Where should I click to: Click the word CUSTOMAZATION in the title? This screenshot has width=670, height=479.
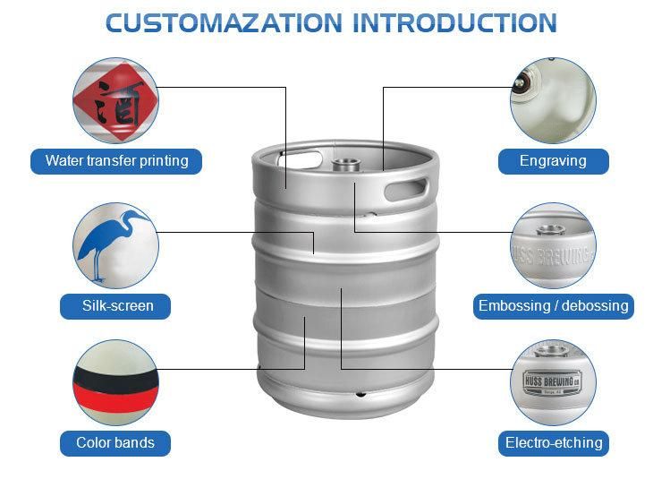point(225,22)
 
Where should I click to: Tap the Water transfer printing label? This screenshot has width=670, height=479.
point(116,161)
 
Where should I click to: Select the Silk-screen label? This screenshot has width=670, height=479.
point(117,305)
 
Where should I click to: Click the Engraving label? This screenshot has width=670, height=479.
point(553,161)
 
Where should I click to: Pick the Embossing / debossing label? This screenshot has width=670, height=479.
point(553,305)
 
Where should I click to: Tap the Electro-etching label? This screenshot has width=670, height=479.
point(554,442)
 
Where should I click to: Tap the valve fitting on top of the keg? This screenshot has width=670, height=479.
point(345,165)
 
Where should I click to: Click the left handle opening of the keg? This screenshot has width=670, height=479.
point(298,159)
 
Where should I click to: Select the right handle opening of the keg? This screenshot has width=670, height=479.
point(407,189)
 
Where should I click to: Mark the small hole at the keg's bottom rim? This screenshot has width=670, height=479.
point(360,394)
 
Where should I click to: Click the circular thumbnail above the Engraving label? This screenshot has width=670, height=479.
point(553,99)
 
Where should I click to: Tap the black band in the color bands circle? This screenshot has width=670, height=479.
point(115,375)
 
